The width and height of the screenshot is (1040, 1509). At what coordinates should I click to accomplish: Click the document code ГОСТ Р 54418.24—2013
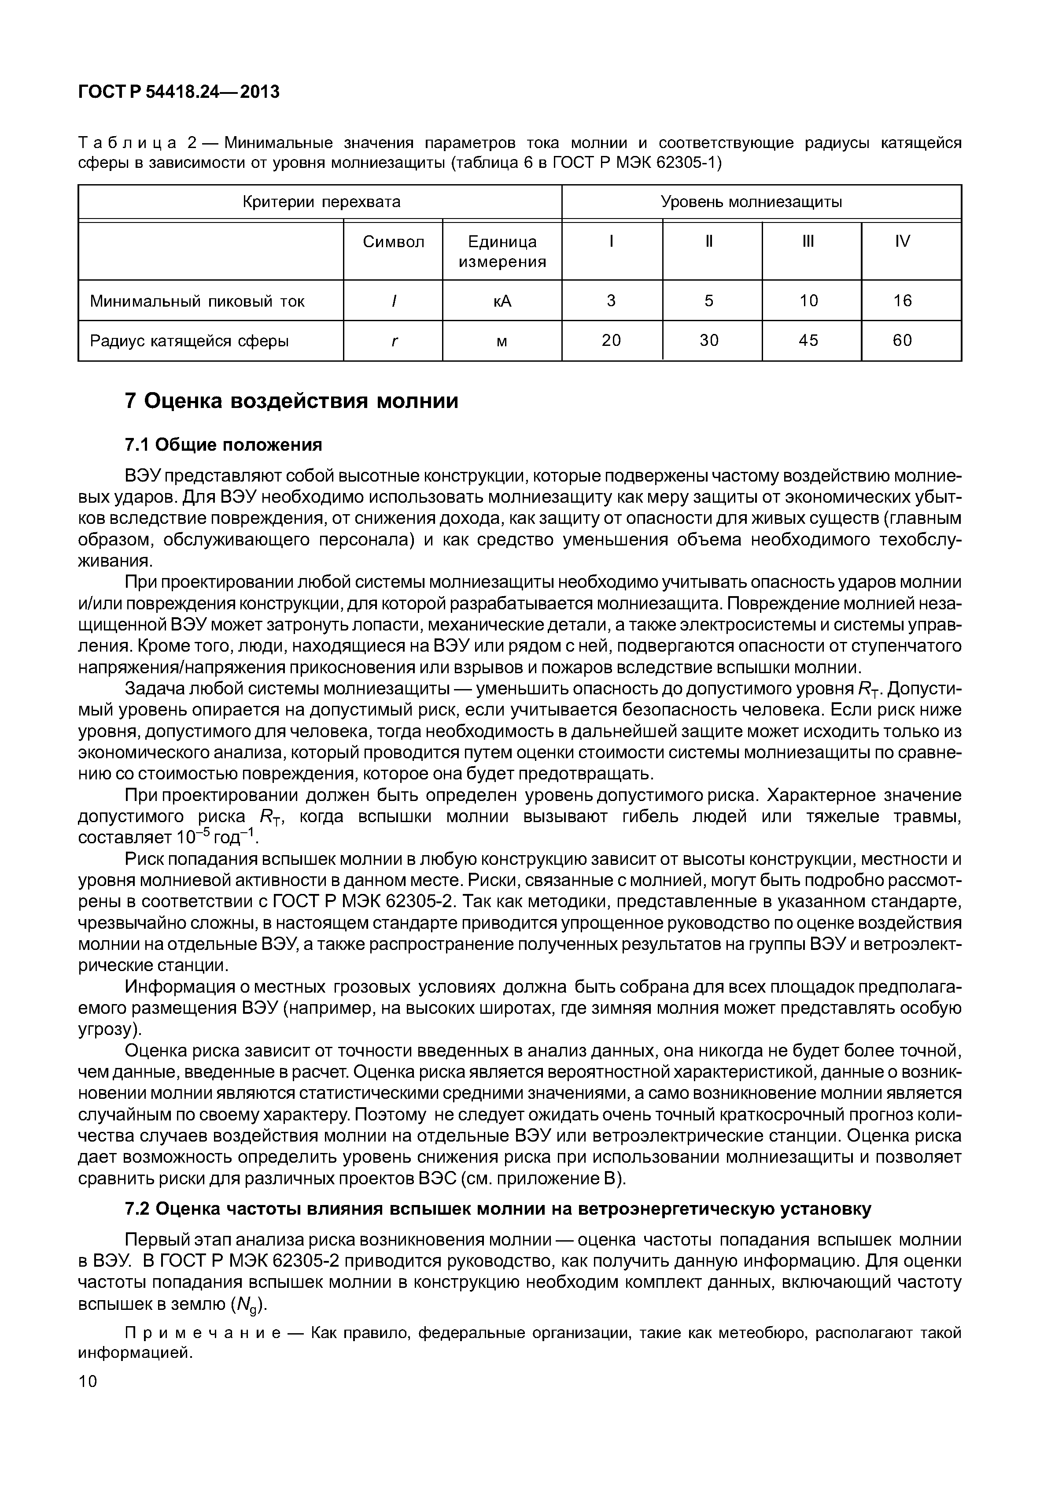click(x=179, y=92)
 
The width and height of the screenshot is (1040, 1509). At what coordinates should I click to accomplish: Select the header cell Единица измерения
click(x=502, y=252)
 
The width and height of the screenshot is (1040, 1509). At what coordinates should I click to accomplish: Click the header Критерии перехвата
click(x=321, y=202)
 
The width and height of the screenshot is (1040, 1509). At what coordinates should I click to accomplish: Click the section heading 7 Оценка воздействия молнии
click(x=291, y=401)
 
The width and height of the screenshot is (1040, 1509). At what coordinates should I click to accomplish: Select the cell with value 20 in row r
click(x=611, y=341)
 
